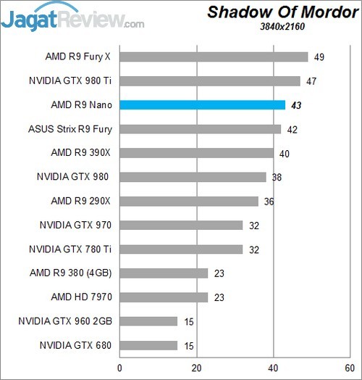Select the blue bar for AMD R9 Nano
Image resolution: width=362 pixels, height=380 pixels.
pyautogui.click(x=202, y=105)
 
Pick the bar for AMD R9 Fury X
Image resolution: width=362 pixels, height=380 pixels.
pyautogui.click(x=214, y=57)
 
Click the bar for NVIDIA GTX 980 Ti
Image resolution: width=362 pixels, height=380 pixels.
pyautogui.click(x=210, y=81)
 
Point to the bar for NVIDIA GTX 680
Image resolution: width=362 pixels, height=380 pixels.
pyautogui.click(x=148, y=345)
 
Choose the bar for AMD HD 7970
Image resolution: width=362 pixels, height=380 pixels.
pyautogui.click(x=164, y=297)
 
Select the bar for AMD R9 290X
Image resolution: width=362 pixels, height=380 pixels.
pyautogui.click(x=189, y=201)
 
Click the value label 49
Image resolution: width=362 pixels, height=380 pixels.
pyautogui.click(x=319, y=57)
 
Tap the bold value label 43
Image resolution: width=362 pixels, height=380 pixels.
pyautogui.click(x=296, y=105)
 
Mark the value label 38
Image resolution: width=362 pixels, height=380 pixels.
pyautogui.click(x=277, y=177)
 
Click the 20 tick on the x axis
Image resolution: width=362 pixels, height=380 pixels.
pyautogui.click(x=196, y=368)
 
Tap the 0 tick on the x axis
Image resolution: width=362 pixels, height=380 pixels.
pyautogui.click(x=119, y=368)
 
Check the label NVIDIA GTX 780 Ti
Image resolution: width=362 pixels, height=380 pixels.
pyautogui.click(x=70, y=249)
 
